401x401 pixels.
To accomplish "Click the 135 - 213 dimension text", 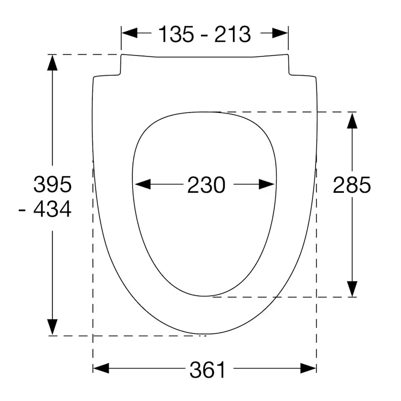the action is [204, 34].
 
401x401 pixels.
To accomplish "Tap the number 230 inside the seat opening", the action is [206, 185].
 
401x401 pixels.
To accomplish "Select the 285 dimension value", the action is [352, 185].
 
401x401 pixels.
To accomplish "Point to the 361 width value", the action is [207, 370].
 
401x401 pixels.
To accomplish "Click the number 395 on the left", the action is [52, 185].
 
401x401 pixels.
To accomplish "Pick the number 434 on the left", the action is [52, 209].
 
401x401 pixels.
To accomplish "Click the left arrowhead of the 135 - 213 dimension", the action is [129, 33].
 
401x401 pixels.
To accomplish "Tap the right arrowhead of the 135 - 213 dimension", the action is [280, 33].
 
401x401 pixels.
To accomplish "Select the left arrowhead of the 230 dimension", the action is [143, 184].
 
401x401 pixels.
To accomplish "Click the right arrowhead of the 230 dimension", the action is [267, 184].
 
